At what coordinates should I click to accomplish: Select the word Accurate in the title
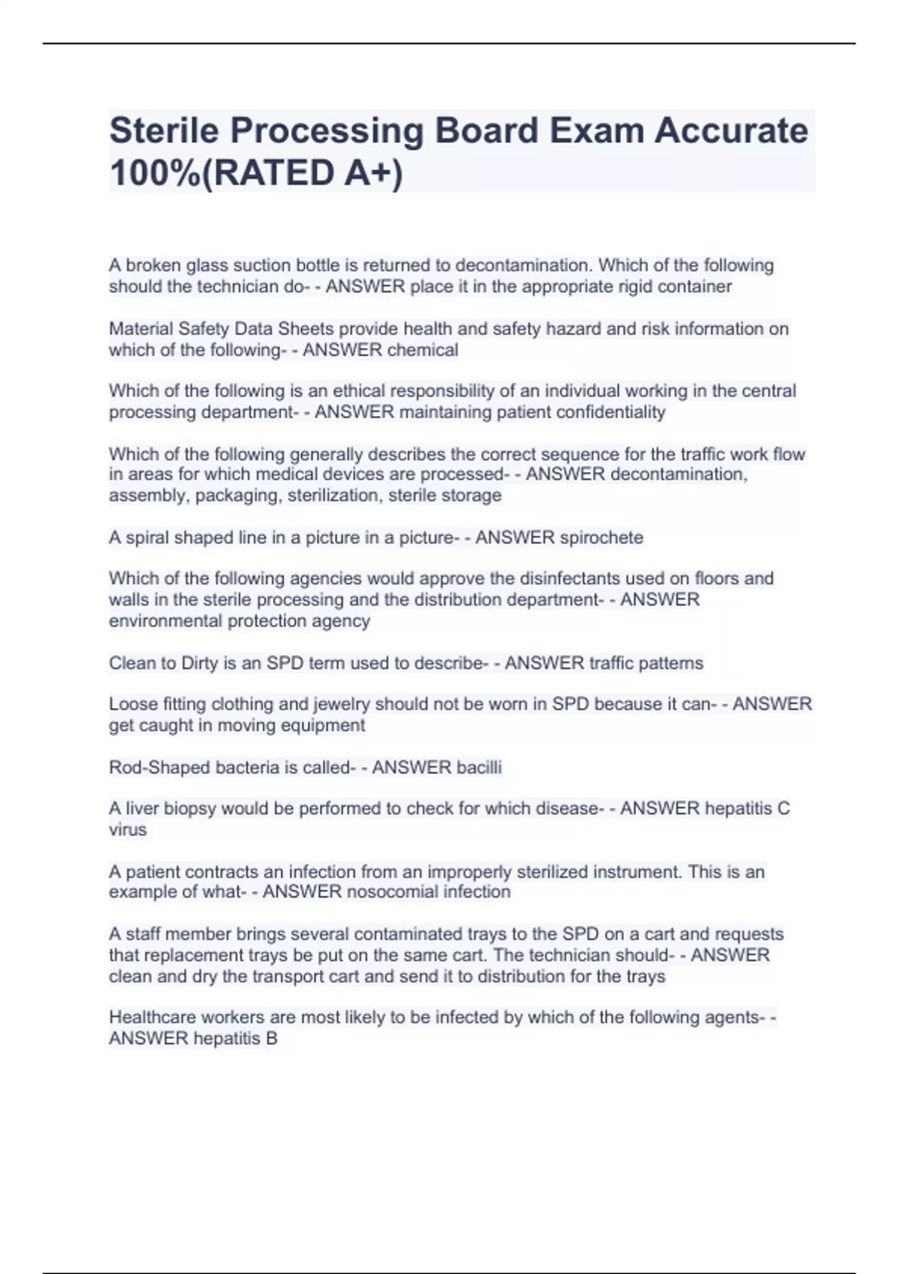731,131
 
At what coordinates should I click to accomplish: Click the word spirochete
601,537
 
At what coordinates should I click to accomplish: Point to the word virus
127,830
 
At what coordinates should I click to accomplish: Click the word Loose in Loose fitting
132,704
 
